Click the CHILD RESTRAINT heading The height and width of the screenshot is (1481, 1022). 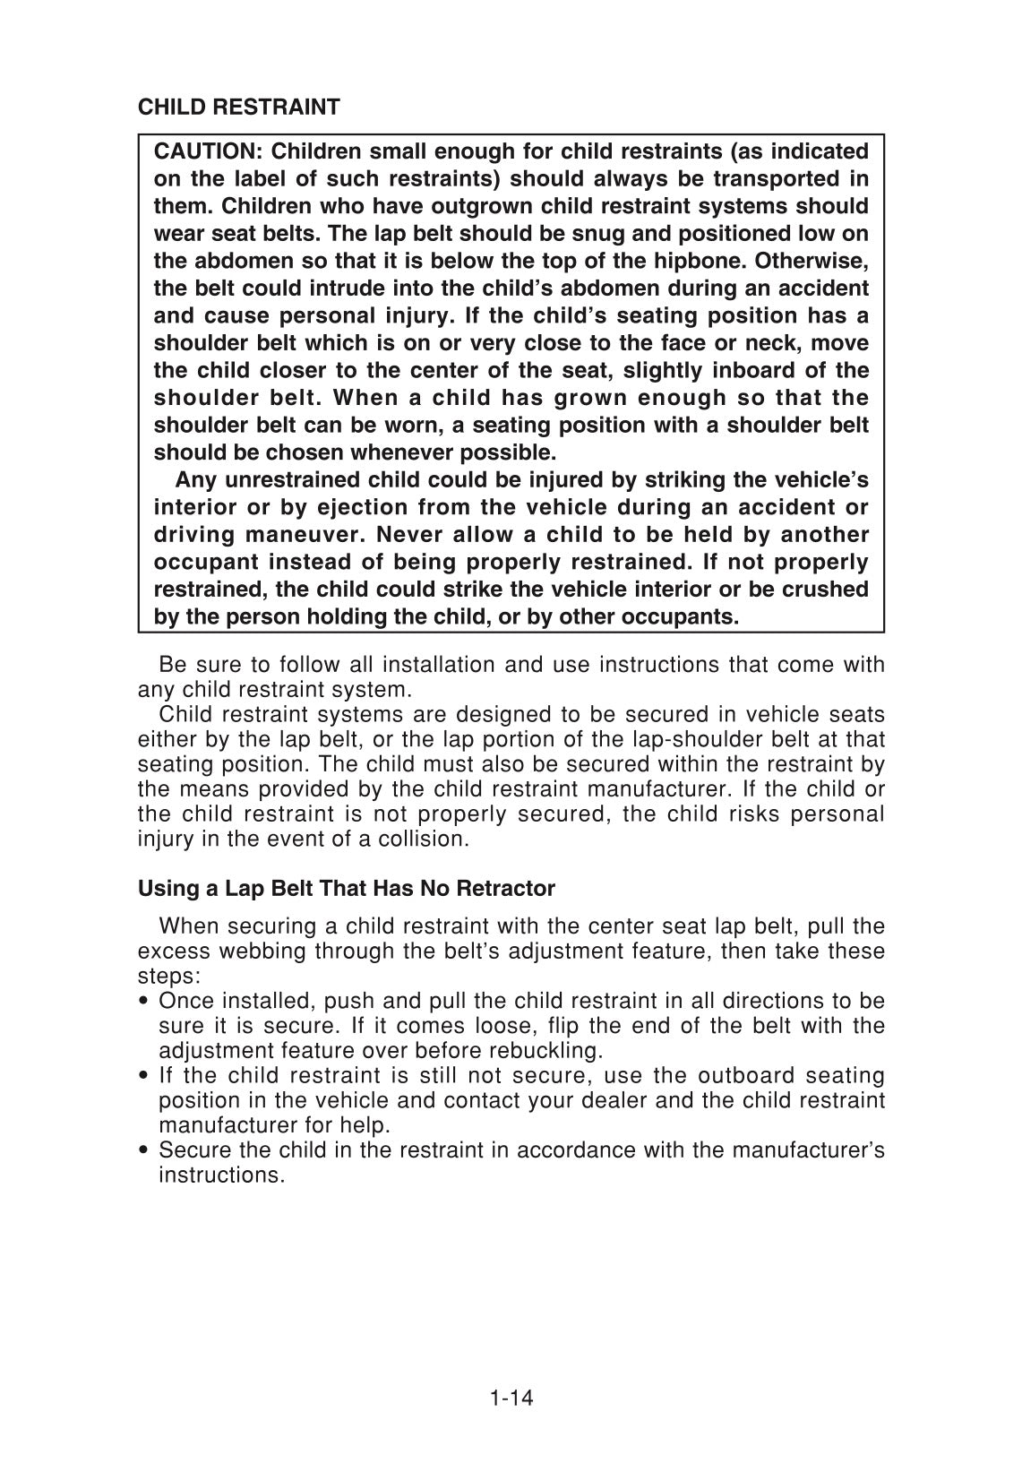point(238,108)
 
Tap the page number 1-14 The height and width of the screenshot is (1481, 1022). point(511,1397)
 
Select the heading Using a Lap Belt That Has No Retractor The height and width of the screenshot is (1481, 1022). point(346,889)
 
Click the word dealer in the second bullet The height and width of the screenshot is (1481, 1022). point(613,1100)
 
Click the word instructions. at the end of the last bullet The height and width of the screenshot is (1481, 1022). point(221,1175)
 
